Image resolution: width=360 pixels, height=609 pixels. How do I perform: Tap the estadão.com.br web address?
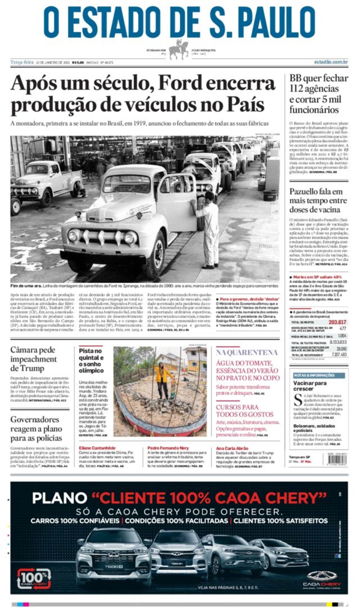pos(331,62)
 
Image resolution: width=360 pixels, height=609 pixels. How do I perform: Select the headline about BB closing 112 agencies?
pos(319,93)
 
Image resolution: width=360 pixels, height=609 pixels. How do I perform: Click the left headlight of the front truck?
pos(74,235)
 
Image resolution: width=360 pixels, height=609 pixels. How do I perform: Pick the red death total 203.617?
pos(337,322)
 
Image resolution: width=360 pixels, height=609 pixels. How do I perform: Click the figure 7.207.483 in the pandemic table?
pos(339,355)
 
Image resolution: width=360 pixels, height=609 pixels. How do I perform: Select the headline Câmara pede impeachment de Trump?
pos(33,359)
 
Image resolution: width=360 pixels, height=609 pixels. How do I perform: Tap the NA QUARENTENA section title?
pos(247,352)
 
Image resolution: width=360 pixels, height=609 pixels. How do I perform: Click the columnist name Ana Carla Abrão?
pos(232,448)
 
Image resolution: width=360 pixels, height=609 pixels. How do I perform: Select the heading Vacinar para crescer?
pos(310,386)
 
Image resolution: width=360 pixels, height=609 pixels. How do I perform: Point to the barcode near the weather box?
pos(337,460)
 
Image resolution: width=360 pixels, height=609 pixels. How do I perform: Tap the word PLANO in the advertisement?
pos(59,498)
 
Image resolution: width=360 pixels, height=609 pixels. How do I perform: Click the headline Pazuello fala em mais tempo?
pos(316,201)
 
